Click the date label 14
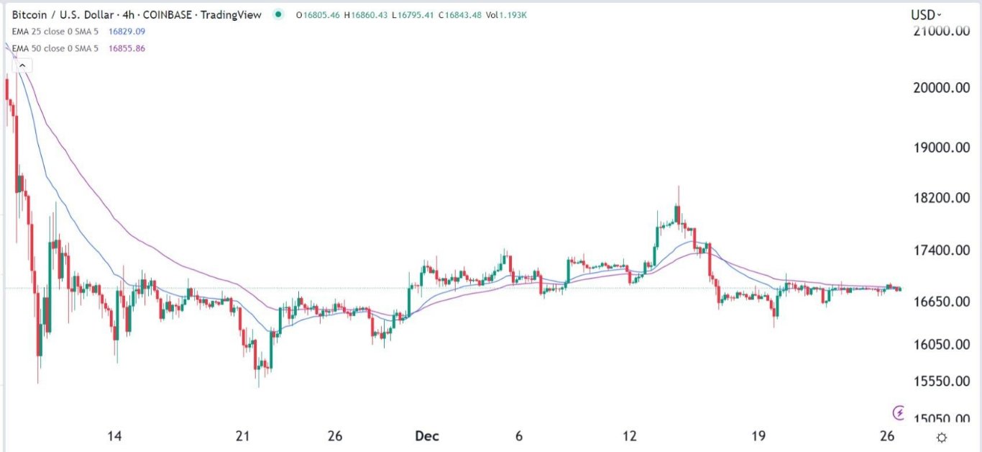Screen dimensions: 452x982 click(114, 436)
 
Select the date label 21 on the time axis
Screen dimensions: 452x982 click(243, 436)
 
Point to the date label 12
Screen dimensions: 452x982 click(630, 436)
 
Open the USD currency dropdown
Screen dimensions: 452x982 click(926, 14)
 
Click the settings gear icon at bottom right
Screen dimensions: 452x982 click(942, 437)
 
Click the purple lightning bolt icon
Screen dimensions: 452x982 click(899, 412)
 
